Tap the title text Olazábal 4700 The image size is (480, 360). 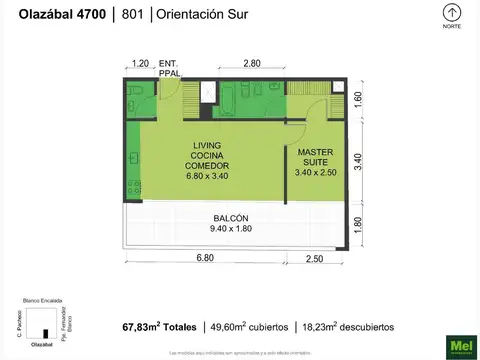[x=59, y=14]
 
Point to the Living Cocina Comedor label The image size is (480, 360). [x=207, y=160]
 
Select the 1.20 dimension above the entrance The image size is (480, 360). [x=140, y=64]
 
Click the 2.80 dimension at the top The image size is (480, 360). [x=252, y=64]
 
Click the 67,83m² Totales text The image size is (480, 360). [x=160, y=327]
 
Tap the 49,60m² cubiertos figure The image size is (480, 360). [x=249, y=327]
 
